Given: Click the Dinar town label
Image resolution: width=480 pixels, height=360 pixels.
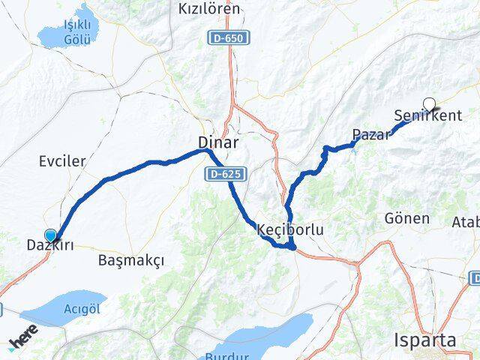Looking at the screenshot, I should click(218, 142).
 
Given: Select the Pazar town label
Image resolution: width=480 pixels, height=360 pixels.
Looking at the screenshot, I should click(371, 135).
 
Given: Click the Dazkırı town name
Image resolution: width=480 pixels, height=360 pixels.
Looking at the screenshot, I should click(53, 245).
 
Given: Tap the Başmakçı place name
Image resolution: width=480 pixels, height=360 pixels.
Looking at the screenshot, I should click(130, 260).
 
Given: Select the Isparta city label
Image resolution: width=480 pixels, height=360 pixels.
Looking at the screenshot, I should click(425, 340).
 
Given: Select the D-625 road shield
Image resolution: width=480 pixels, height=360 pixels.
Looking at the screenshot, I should click(225, 174).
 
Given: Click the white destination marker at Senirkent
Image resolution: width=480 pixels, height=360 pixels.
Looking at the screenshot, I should click(430, 104).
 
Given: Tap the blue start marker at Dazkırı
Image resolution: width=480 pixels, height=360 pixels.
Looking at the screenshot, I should click(50, 235).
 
